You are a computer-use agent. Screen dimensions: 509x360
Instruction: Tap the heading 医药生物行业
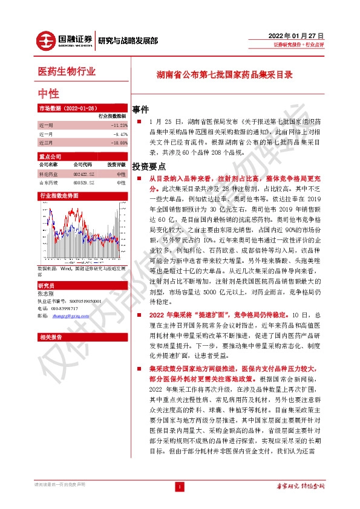(x=67, y=72)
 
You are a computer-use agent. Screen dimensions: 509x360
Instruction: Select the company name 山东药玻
(x=48, y=182)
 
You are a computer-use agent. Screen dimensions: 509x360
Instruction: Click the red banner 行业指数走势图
(x=59, y=196)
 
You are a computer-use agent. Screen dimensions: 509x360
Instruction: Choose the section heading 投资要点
(x=149, y=166)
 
